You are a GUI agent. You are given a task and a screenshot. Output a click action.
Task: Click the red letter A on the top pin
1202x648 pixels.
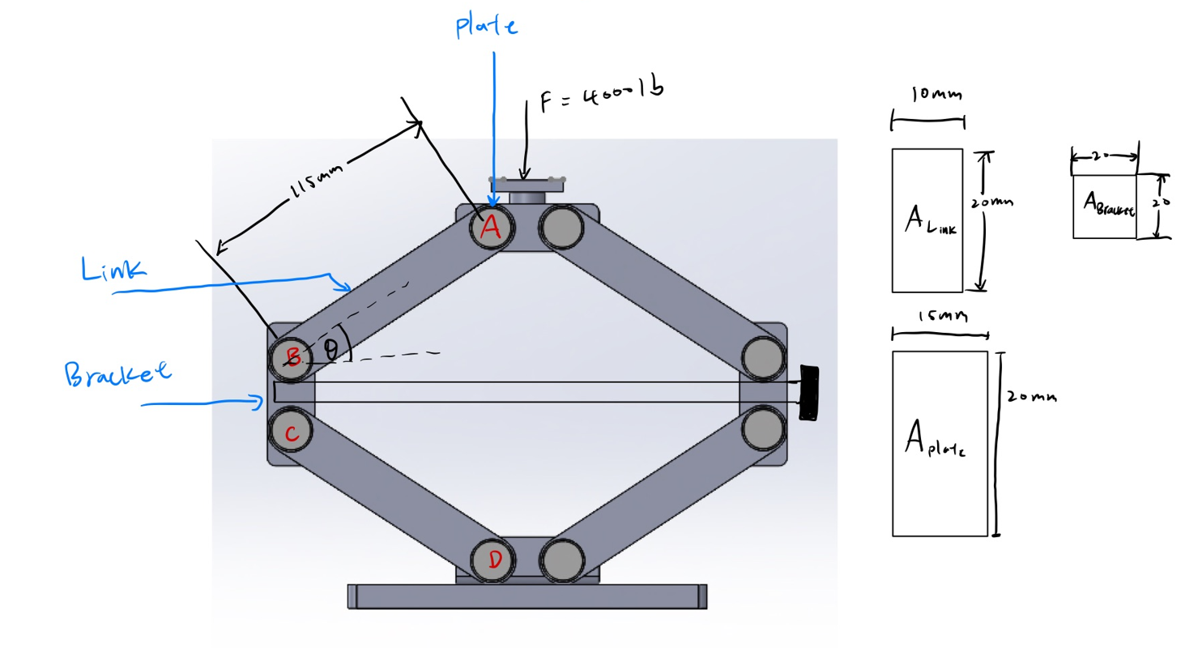(489, 228)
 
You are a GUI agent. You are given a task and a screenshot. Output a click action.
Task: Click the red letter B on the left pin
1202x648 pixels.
(293, 356)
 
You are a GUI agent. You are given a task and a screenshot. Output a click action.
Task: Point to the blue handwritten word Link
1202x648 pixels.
(113, 270)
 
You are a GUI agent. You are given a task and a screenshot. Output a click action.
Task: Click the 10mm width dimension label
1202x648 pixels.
(936, 95)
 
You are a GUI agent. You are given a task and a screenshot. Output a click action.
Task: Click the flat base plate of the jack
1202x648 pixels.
(527, 596)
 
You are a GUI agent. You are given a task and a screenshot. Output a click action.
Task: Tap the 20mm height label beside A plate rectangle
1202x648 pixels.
(1032, 397)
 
